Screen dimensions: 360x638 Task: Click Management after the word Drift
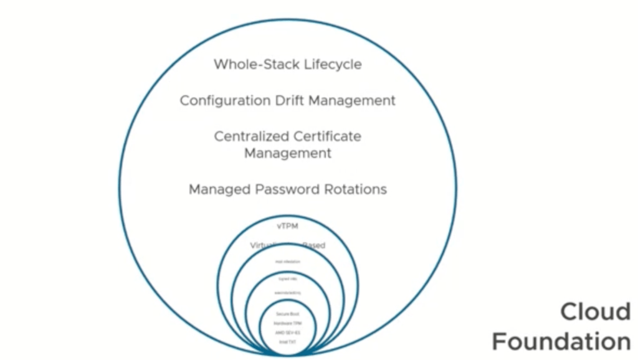tap(354, 100)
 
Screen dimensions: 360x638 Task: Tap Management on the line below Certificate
tap(287, 153)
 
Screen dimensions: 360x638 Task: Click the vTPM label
tap(287, 226)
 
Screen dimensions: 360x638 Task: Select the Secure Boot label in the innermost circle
tap(287, 315)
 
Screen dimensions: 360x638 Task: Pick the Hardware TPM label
tap(287, 324)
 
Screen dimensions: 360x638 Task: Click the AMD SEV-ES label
tap(287, 333)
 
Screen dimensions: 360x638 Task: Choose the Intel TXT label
tap(287, 342)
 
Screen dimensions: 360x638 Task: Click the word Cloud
tap(595, 311)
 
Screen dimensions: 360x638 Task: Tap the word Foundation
tap(561, 341)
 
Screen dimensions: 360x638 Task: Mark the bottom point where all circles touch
tap(287, 355)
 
